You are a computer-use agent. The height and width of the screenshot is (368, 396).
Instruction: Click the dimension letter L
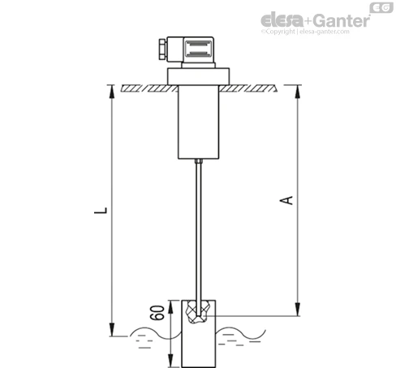tap(101, 211)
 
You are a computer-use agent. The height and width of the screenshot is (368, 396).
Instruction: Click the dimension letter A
tap(286, 200)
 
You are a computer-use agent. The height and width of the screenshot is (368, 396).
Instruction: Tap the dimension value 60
tap(157, 313)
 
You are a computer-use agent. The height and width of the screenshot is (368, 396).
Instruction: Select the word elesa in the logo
tap(282, 19)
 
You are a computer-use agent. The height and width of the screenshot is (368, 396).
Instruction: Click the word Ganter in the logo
tap(342, 20)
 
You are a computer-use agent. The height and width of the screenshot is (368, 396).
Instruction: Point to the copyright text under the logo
tap(305, 32)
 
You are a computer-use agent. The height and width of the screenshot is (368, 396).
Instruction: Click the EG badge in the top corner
tap(381, 7)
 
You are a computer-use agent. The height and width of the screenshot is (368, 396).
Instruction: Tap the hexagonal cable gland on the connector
tap(162, 49)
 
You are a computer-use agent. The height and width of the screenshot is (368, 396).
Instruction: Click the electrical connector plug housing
tap(190, 49)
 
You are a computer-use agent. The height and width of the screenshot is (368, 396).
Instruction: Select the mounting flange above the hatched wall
tap(198, 76)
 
